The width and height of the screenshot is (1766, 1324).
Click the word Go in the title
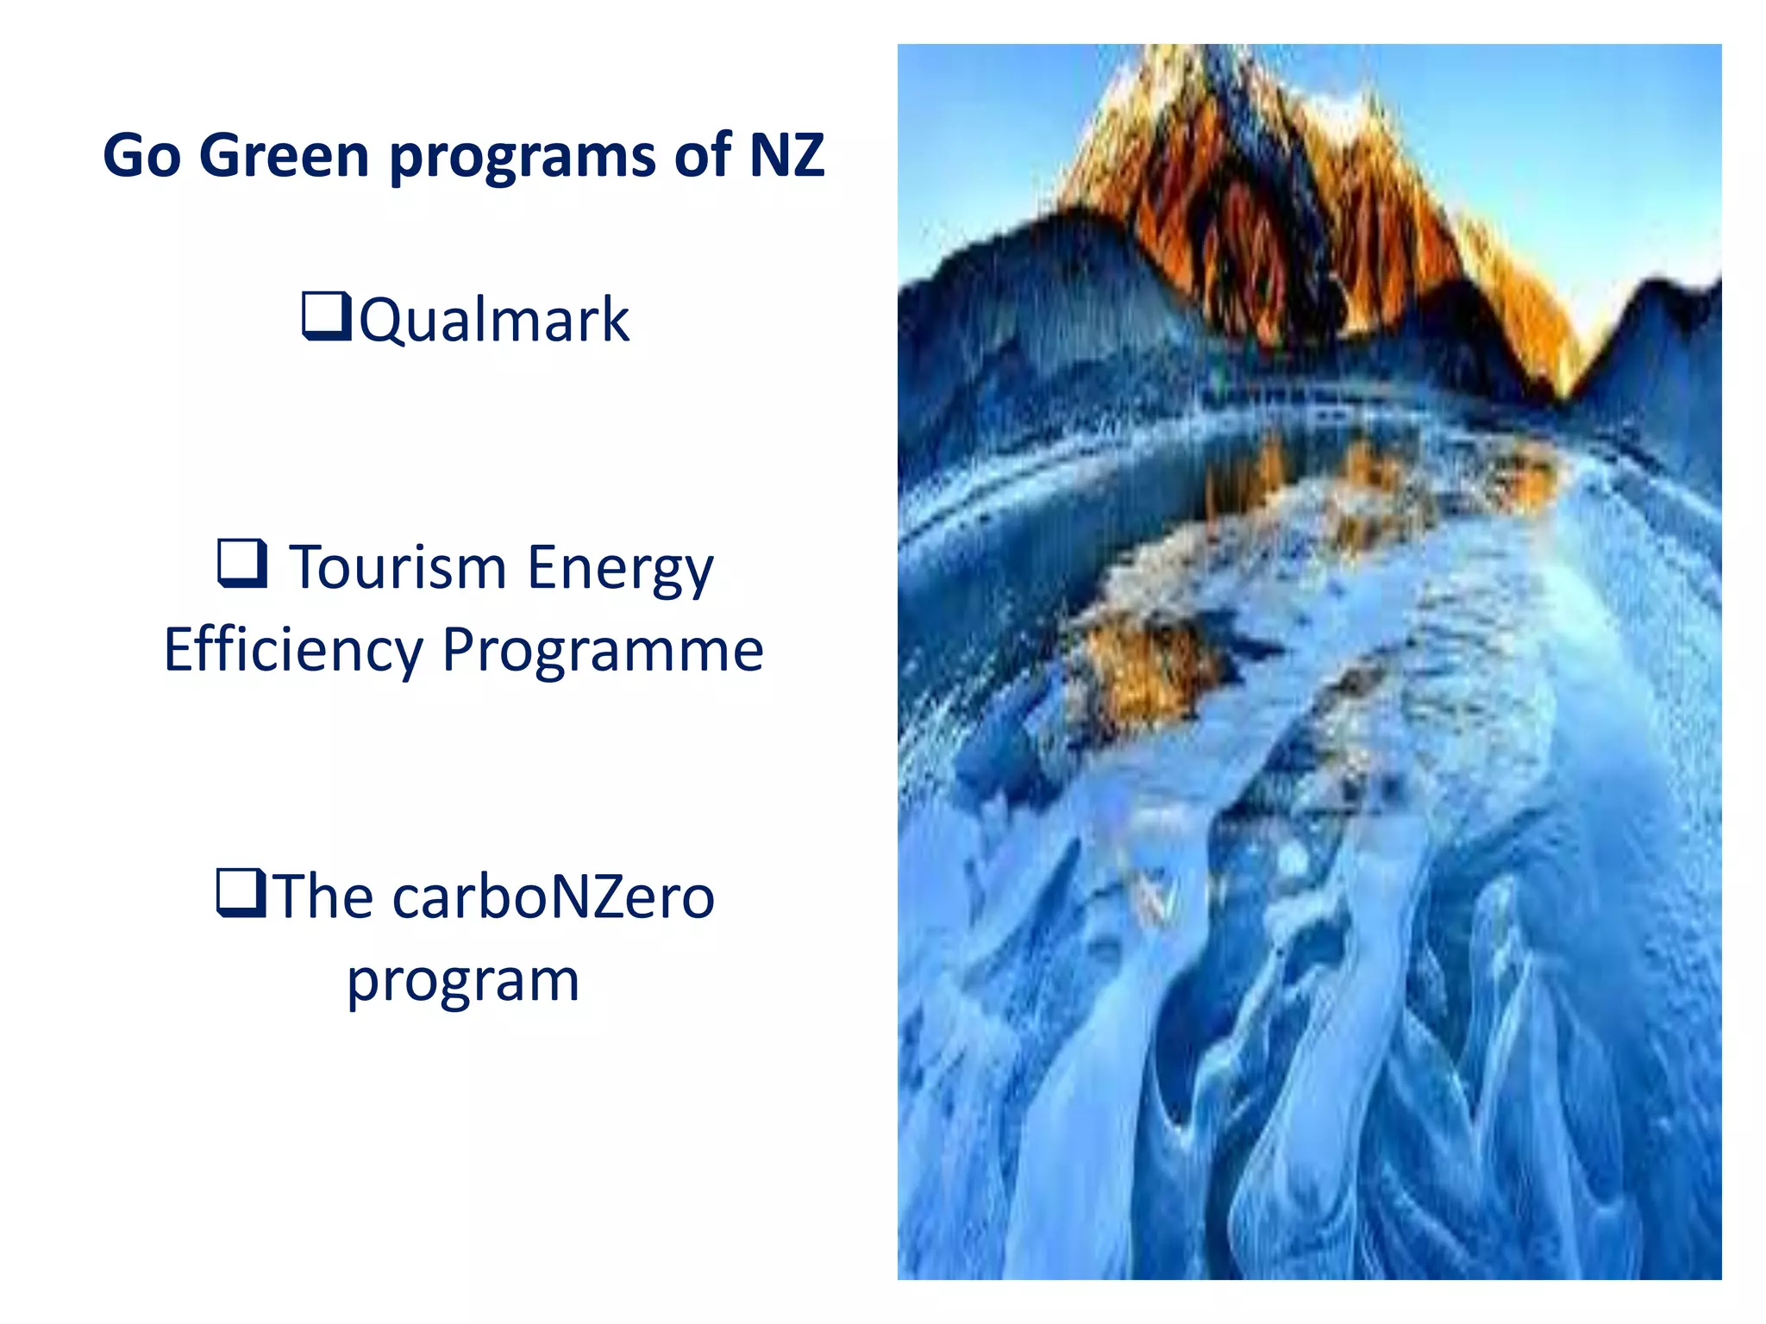pyautogui.click(x=142, y=156)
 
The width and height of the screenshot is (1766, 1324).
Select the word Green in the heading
pyautogui.click(x=284, y=156)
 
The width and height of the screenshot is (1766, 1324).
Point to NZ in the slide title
pyautogui.click(x=786, y=156)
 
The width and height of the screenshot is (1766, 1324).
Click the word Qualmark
pyautogui.click(x=494, y=320)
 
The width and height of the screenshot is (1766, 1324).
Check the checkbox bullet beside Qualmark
pyautogui.click(x=326, y=316)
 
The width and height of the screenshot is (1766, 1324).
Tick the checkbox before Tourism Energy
pyautogui.click(x=241, y=563)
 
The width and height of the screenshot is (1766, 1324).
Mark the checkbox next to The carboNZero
pyautogui.click(x=241, y=892)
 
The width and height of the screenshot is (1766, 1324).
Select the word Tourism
pyautogui.click(x=398, y=568)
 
